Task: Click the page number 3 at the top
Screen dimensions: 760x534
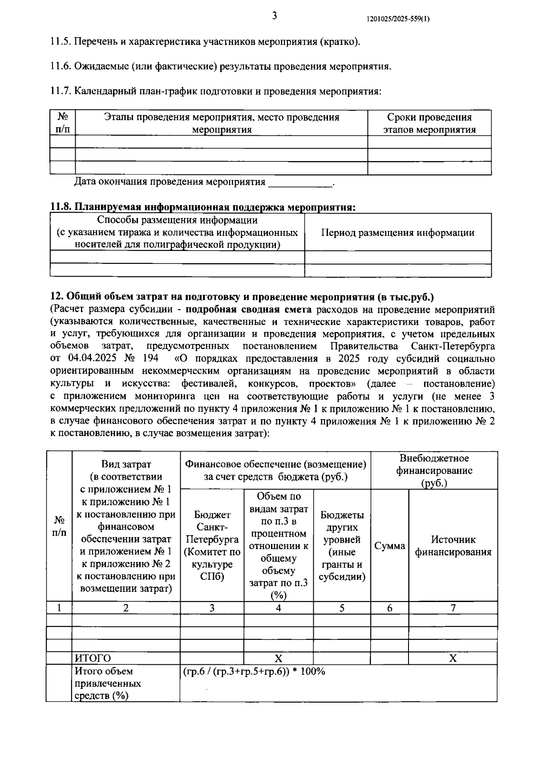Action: point(274,16)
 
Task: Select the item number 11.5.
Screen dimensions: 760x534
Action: point(61,42)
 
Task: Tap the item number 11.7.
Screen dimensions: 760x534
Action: point(61,92)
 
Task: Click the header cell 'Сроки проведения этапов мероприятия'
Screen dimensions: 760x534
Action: point(429,123)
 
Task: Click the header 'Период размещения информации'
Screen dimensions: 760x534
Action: point(398,233)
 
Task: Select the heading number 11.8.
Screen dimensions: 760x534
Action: point(61,207)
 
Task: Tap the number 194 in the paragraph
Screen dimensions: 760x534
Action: point(150,359)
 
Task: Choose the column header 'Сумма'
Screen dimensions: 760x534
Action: point(390,546)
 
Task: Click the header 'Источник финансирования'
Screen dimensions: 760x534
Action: point(453,546)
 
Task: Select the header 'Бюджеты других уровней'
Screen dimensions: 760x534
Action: point(342,546)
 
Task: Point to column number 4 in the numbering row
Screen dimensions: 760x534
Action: point(279,608)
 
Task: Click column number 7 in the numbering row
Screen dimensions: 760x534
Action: point(453,608)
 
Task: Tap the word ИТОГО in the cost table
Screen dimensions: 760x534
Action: point(93,658)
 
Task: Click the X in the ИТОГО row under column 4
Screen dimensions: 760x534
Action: point(279,659)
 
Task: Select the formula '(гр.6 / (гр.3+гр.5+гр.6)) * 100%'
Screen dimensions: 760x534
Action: point(254,671)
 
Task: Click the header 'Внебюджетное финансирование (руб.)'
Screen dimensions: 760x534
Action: point(434,471)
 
